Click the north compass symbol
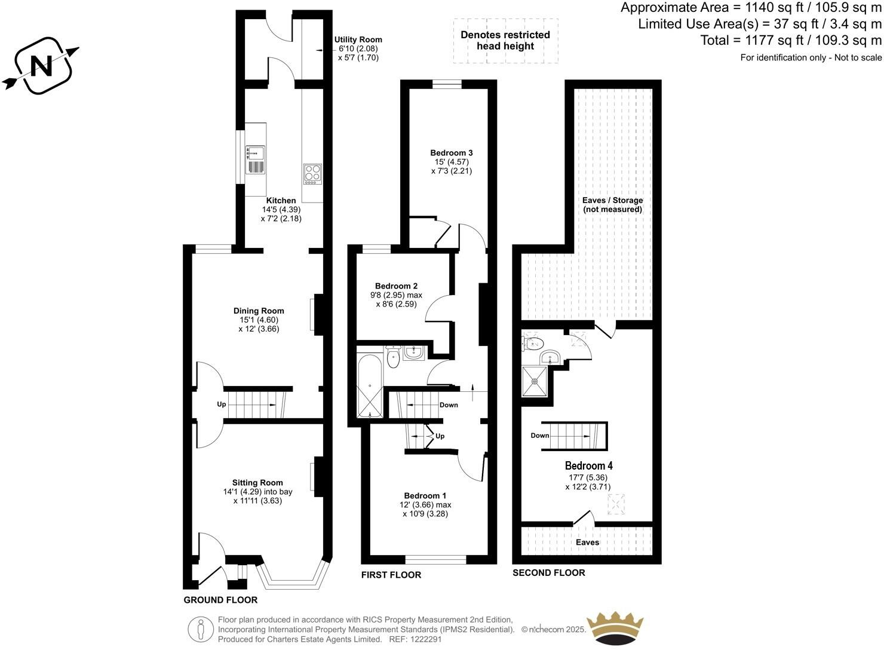[41, 65]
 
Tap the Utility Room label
[358, 40]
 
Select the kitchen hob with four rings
[312, 173]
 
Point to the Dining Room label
[259, 311]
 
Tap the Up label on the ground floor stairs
[222, 404]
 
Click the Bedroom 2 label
[396, 286]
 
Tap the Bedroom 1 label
[425, 496]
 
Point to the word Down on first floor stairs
[449, 405]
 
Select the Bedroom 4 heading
[588, 465]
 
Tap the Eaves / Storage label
[612, 200]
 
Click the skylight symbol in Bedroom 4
[616, 504]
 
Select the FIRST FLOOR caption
[391, 575]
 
